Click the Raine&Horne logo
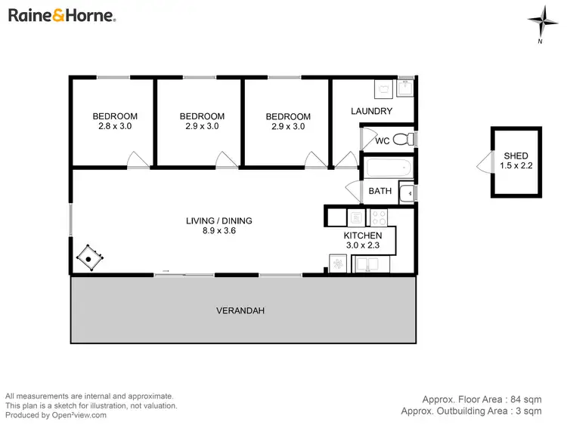pyautogui.click(x=61, y=15)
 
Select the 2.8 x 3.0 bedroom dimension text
pyautogui.click(x=115, y=127)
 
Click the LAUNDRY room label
pyautogui.click(x=371, y=111)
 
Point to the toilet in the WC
pyautogui.click(x=409, y=140)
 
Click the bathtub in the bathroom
pyautogui.click(x=388, y=168)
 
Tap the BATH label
pyautogui.click(x=380, y=191)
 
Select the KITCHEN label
pyautogui.click(x=364, y=235)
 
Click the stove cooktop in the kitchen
pyautogui.click(x=377, y=218)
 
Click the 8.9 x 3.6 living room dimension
pyautogui.click(x=218, y=231)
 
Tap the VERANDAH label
pyautogui.click(x=240, y=310)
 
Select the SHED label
pyautogui.click(x=516, y=156)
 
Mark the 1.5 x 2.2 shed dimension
pyautogui.click(x=516, y=166)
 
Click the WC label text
pyautogui.click(x=382, y=140)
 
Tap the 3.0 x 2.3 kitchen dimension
pyautogui.click(x=364, y=245)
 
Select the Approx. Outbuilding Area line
pyautogui.click(x=470, y=411)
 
